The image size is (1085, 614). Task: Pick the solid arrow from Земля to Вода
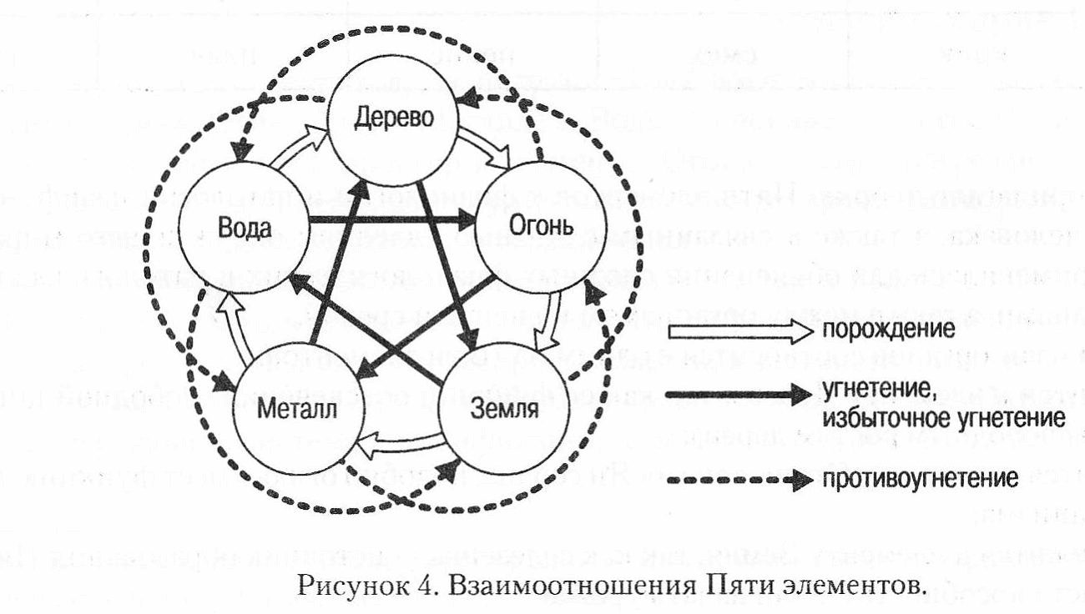coord(367,320)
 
